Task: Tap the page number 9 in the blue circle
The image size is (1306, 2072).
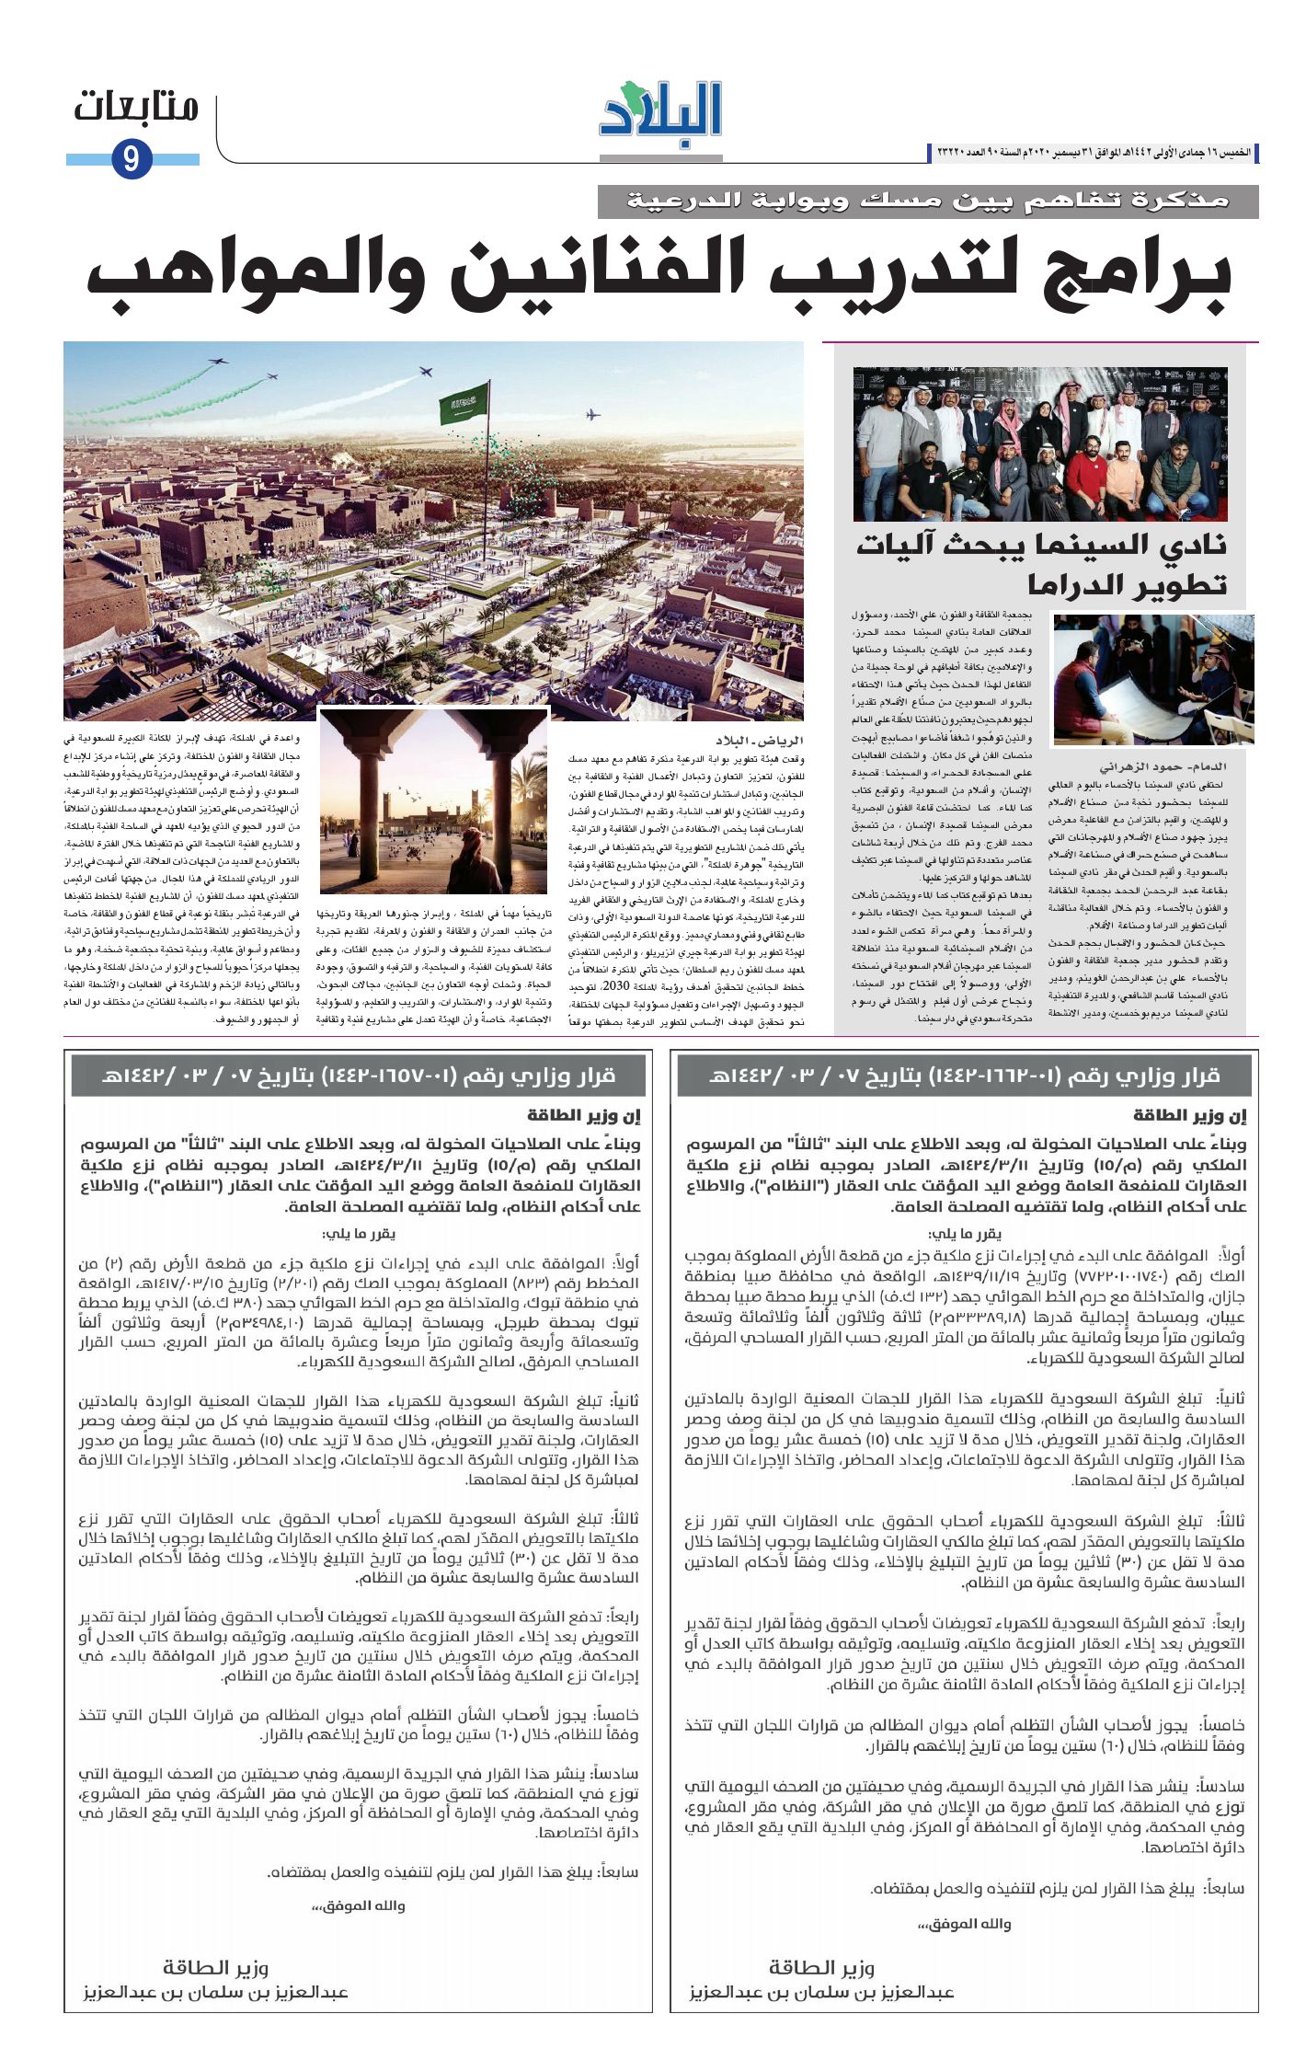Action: (x=131, y=160)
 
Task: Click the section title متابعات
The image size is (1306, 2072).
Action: (x=136, y=108)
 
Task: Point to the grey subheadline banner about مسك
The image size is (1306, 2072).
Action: (x=927, y=201)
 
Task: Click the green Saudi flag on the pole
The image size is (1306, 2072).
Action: (x=464, y=404)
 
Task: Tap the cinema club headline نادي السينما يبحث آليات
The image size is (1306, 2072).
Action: (x=1041, y=545)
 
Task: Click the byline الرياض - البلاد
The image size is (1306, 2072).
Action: (x=760, y=741)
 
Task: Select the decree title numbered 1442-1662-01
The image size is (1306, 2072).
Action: (x=963, y=1076)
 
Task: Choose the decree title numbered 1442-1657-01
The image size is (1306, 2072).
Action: (x=358, y=1076)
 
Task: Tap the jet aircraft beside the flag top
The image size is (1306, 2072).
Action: (x=426, y=372)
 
